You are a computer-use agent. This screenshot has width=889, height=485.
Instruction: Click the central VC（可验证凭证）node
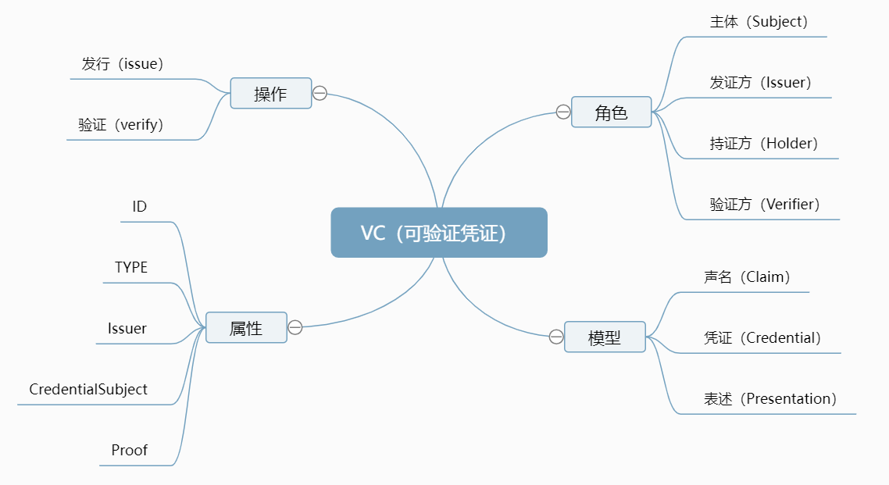(x=439, y=233)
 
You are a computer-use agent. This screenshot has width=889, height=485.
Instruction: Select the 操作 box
(x=271, y=94)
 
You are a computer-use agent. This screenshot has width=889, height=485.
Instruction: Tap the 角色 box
(x=611, y=112)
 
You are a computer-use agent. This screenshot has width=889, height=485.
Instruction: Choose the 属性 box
(x=246, y=328)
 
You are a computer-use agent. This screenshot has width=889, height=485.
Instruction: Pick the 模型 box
(x=605, y=337)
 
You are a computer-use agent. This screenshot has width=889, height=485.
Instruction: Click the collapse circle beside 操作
(x=320, y=94)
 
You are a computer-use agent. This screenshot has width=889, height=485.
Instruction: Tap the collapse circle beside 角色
(x=563, y=112)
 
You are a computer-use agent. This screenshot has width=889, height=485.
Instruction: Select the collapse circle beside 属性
(x=295, y=328)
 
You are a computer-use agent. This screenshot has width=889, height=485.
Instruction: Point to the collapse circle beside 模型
(x=556, y=337)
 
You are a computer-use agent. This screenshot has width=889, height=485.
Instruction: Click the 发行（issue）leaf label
(x=123, y=64)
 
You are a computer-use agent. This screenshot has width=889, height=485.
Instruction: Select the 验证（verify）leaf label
(x=121, y=125)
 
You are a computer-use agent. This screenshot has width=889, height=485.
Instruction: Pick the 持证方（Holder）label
(x=764, y=144)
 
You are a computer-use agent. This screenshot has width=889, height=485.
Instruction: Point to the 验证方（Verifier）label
(x=765, y=205)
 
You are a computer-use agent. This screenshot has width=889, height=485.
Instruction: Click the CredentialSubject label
(x=88, y=389)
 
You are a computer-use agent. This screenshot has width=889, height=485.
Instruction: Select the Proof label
(x=130, y=450)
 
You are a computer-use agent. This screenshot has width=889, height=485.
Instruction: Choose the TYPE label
(x=131, y=267)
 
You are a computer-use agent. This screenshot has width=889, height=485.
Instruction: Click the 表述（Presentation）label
(x=770, y=399)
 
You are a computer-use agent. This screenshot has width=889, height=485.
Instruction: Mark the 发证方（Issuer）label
(x=761, y=83)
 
